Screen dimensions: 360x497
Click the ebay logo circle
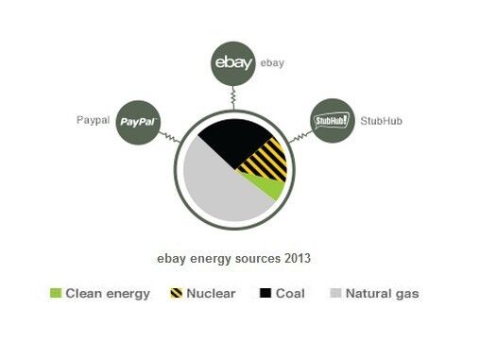(232, 64)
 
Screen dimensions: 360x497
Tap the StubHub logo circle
(331, 121)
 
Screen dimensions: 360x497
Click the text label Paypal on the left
(94, 120)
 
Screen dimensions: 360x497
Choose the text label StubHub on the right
(380, 120)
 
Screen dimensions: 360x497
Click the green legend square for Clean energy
(56, 294)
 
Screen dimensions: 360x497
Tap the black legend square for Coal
(266, 294)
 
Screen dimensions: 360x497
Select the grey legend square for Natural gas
(334, 294)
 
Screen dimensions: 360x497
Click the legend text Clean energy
(109, 294)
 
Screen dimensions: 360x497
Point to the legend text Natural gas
(382, 294)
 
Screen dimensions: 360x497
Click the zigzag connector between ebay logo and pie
(232, 98)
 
